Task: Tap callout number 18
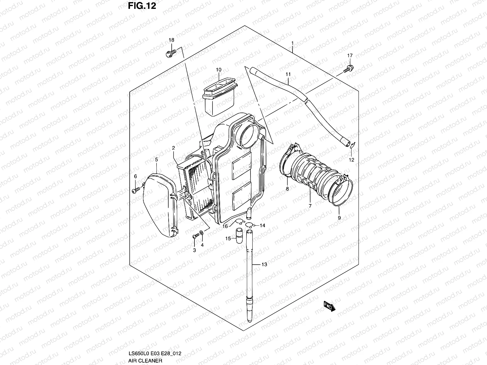(x=171, y=40)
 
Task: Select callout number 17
(x=350, y=56)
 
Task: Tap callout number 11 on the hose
(x=288, y=74)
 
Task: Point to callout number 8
(x=287, y=189)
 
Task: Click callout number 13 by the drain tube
(x=264, y=265)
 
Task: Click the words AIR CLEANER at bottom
(x=145, y=360)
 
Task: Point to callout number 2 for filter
(x=173, y=148)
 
